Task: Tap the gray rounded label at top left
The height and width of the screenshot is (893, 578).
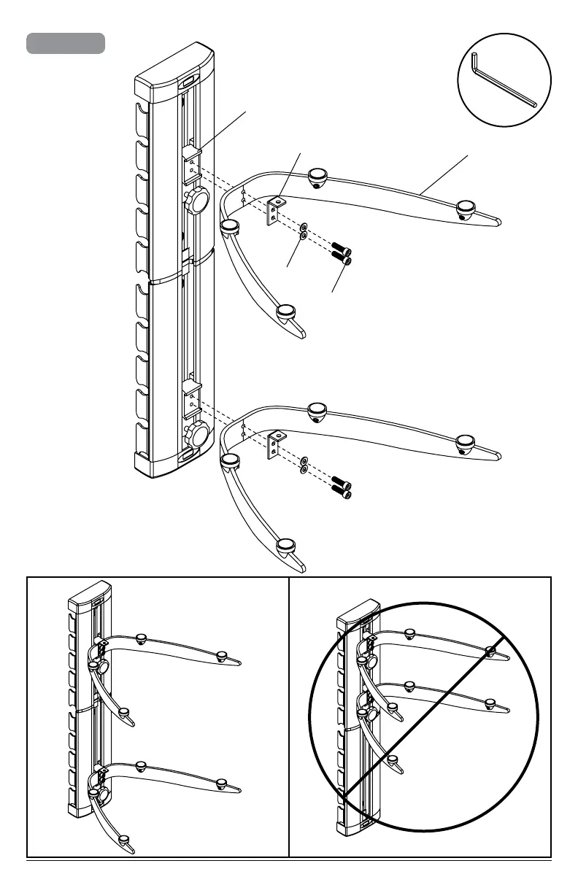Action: tap(66, 43)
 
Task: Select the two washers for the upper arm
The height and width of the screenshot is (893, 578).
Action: tap(304, 231)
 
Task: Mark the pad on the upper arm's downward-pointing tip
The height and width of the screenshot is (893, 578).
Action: tap(285, 314)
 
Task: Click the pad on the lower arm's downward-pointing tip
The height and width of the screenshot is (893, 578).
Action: tap(286, 546)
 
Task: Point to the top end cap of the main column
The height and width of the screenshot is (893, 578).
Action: tap(175, 78)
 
